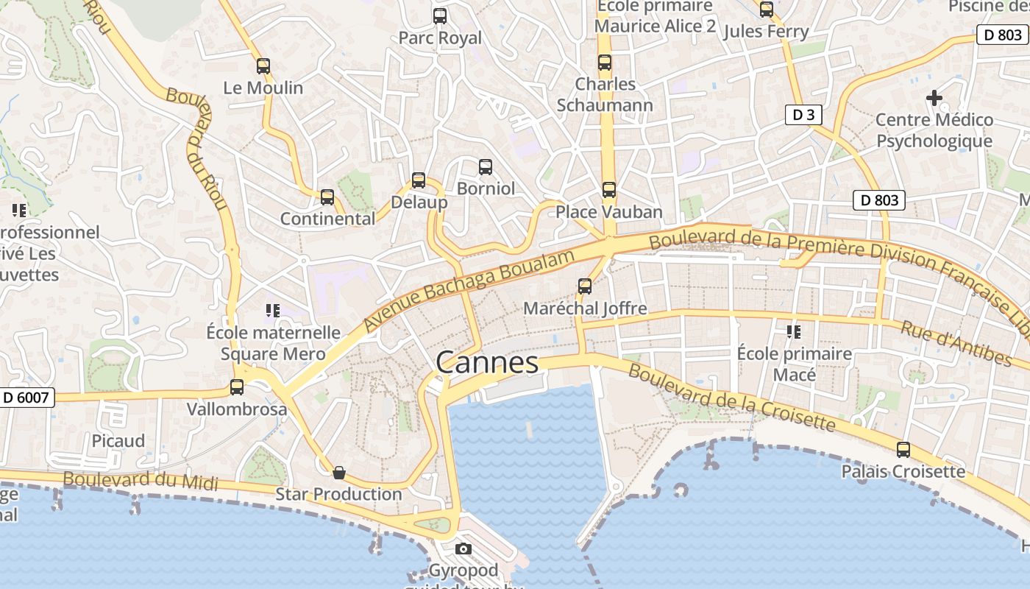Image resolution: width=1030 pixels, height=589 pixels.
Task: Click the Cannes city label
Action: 487,362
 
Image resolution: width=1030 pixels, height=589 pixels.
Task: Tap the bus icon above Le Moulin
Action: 263,66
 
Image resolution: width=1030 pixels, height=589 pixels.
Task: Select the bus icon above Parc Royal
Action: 440,16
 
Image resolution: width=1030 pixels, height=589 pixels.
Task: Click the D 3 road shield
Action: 803,115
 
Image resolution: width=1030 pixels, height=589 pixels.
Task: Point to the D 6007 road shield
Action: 26,398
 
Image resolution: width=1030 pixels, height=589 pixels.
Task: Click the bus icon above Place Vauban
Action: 609,190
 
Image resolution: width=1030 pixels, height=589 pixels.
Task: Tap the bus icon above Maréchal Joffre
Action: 585,286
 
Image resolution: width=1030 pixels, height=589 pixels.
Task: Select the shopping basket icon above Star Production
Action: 339,472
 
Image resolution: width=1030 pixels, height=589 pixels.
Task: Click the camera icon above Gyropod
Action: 464,549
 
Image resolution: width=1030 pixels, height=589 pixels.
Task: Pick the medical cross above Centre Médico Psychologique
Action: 934,97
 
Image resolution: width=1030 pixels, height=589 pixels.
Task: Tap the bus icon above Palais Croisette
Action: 903,450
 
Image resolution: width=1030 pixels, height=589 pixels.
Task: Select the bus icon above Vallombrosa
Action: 237,387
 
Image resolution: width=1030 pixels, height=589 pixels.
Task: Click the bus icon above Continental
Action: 327,197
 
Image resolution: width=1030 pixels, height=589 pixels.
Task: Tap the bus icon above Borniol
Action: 486,167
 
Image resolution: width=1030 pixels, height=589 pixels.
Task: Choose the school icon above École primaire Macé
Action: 794,332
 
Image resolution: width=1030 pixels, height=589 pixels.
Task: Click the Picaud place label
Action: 118,440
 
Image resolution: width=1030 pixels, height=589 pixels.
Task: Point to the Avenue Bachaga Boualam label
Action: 468,289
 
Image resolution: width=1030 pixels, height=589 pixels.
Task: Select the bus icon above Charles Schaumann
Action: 605,63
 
